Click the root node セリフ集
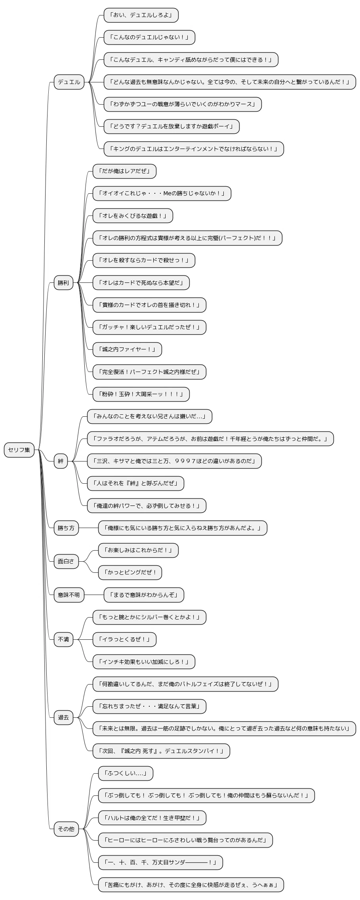(19, 450)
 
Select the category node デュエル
(69, 82)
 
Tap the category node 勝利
(63, 283)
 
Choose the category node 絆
(61, 461)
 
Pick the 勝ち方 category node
(66, 528)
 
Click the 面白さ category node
(66, 561)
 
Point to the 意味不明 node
(69, 595)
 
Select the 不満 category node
(63, 639)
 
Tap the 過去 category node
(63, 717)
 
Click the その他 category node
(66, 829)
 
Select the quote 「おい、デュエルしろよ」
(141, 15)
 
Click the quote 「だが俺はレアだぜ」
(124, 172)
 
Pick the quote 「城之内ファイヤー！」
(127, 350)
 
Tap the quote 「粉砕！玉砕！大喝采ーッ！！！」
(141, 394)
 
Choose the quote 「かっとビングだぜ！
(130, 572)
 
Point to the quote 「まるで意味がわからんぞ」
(144, 595)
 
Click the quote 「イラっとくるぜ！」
(124, 639)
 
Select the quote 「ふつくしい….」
(126, 773)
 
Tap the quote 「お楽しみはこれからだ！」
(138, 550)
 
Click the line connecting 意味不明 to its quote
(94, 595)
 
